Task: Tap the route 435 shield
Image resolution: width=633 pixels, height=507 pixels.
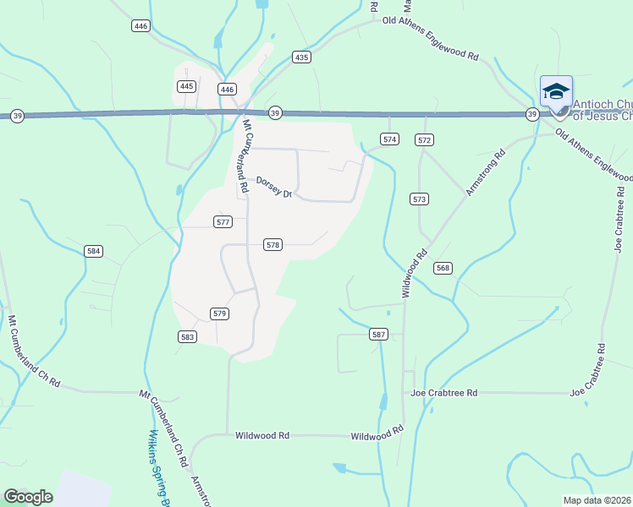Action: [302, 57]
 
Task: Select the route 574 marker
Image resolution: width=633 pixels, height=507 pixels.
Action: [389, 139]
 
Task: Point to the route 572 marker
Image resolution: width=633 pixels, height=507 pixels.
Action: [425, 139]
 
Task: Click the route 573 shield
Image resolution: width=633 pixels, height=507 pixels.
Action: [420, 199]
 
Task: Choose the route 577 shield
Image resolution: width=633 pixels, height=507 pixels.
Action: [223, 222]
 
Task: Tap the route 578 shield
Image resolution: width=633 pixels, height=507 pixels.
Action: [272, 245]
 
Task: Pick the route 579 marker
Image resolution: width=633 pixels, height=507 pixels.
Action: [219, 313]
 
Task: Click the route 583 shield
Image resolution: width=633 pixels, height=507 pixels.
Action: [188, 336]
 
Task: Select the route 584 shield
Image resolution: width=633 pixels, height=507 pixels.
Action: [93, 251]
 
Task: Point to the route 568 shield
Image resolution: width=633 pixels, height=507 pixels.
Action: [443, 268]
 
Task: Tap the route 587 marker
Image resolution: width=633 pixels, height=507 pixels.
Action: [379, 335]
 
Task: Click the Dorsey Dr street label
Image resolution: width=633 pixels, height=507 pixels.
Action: [274, 187]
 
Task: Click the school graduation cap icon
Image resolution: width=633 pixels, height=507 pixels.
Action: [556, 91]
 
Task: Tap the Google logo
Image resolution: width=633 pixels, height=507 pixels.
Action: [28, 497]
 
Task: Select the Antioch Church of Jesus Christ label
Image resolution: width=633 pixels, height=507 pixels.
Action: [603, 111]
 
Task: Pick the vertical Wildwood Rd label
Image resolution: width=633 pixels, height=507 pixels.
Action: [414, 273]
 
